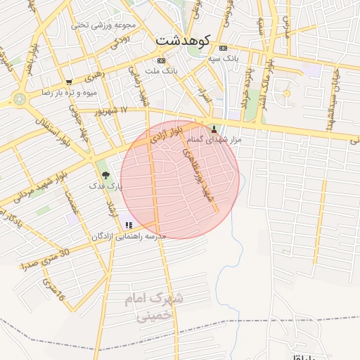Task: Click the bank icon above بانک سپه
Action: (224, 48)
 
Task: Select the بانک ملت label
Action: (161, 72)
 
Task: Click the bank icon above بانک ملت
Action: (161, 60)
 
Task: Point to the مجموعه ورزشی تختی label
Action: (104, 25)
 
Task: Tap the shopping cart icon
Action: (68, 82)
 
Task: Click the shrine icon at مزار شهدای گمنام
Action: (214, 129)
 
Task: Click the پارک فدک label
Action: (105, 186)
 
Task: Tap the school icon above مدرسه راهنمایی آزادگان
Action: (128, 225)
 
